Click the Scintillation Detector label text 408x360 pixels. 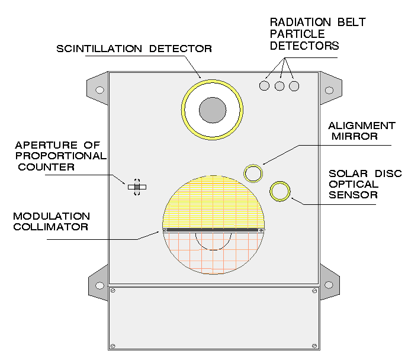pyautogui.click(x=134, y=49)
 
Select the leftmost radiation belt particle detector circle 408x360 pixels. pyautogui.click(x=265, y=86)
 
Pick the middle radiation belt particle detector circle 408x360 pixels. pyautogui.click(x=280, y=86)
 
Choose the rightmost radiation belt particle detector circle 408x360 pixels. pyautogui.click(x=294, y=86)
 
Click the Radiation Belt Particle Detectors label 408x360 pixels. pyautogui.click(x=317, y=34)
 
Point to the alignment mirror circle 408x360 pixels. pyautogui.click(x=253, y=173)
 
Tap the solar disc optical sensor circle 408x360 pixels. pyautogui.click(x=280, y=191)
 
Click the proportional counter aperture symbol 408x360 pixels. pyautogui.click(x=137, y=187)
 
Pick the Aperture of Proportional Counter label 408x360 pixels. pyautogui.click(x=60, y=156)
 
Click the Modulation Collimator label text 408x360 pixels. pyautogui.click(x=52, y=221)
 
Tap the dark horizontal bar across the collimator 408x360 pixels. pyautogui.click(x=213, y=230)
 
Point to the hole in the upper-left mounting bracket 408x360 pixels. pyautogui.click(x=100, y=90)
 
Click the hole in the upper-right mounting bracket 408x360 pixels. pyautogui.click(x=329, y=90)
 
